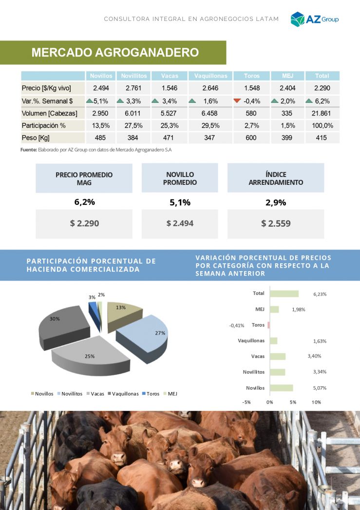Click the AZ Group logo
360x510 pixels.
pos(314,19)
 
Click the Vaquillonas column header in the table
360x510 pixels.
pos(210,76)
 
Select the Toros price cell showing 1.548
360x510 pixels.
pos(251,88)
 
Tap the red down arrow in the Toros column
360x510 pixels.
pos(237,101)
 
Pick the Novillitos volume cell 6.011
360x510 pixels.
pos(132,113)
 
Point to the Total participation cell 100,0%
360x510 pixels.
pos(322,126)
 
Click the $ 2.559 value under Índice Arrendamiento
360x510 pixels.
pos(276,224)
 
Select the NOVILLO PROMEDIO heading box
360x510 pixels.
pos(180,178)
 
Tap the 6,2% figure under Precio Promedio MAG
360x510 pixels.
pos(84,202)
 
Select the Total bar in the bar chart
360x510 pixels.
pos(284,294)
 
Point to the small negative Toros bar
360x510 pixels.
pos(268,325)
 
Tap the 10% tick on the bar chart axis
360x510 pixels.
pos(316,402)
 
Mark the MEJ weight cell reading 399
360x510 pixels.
pos(287,138)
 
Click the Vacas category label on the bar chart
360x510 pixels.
pos(258,356)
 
